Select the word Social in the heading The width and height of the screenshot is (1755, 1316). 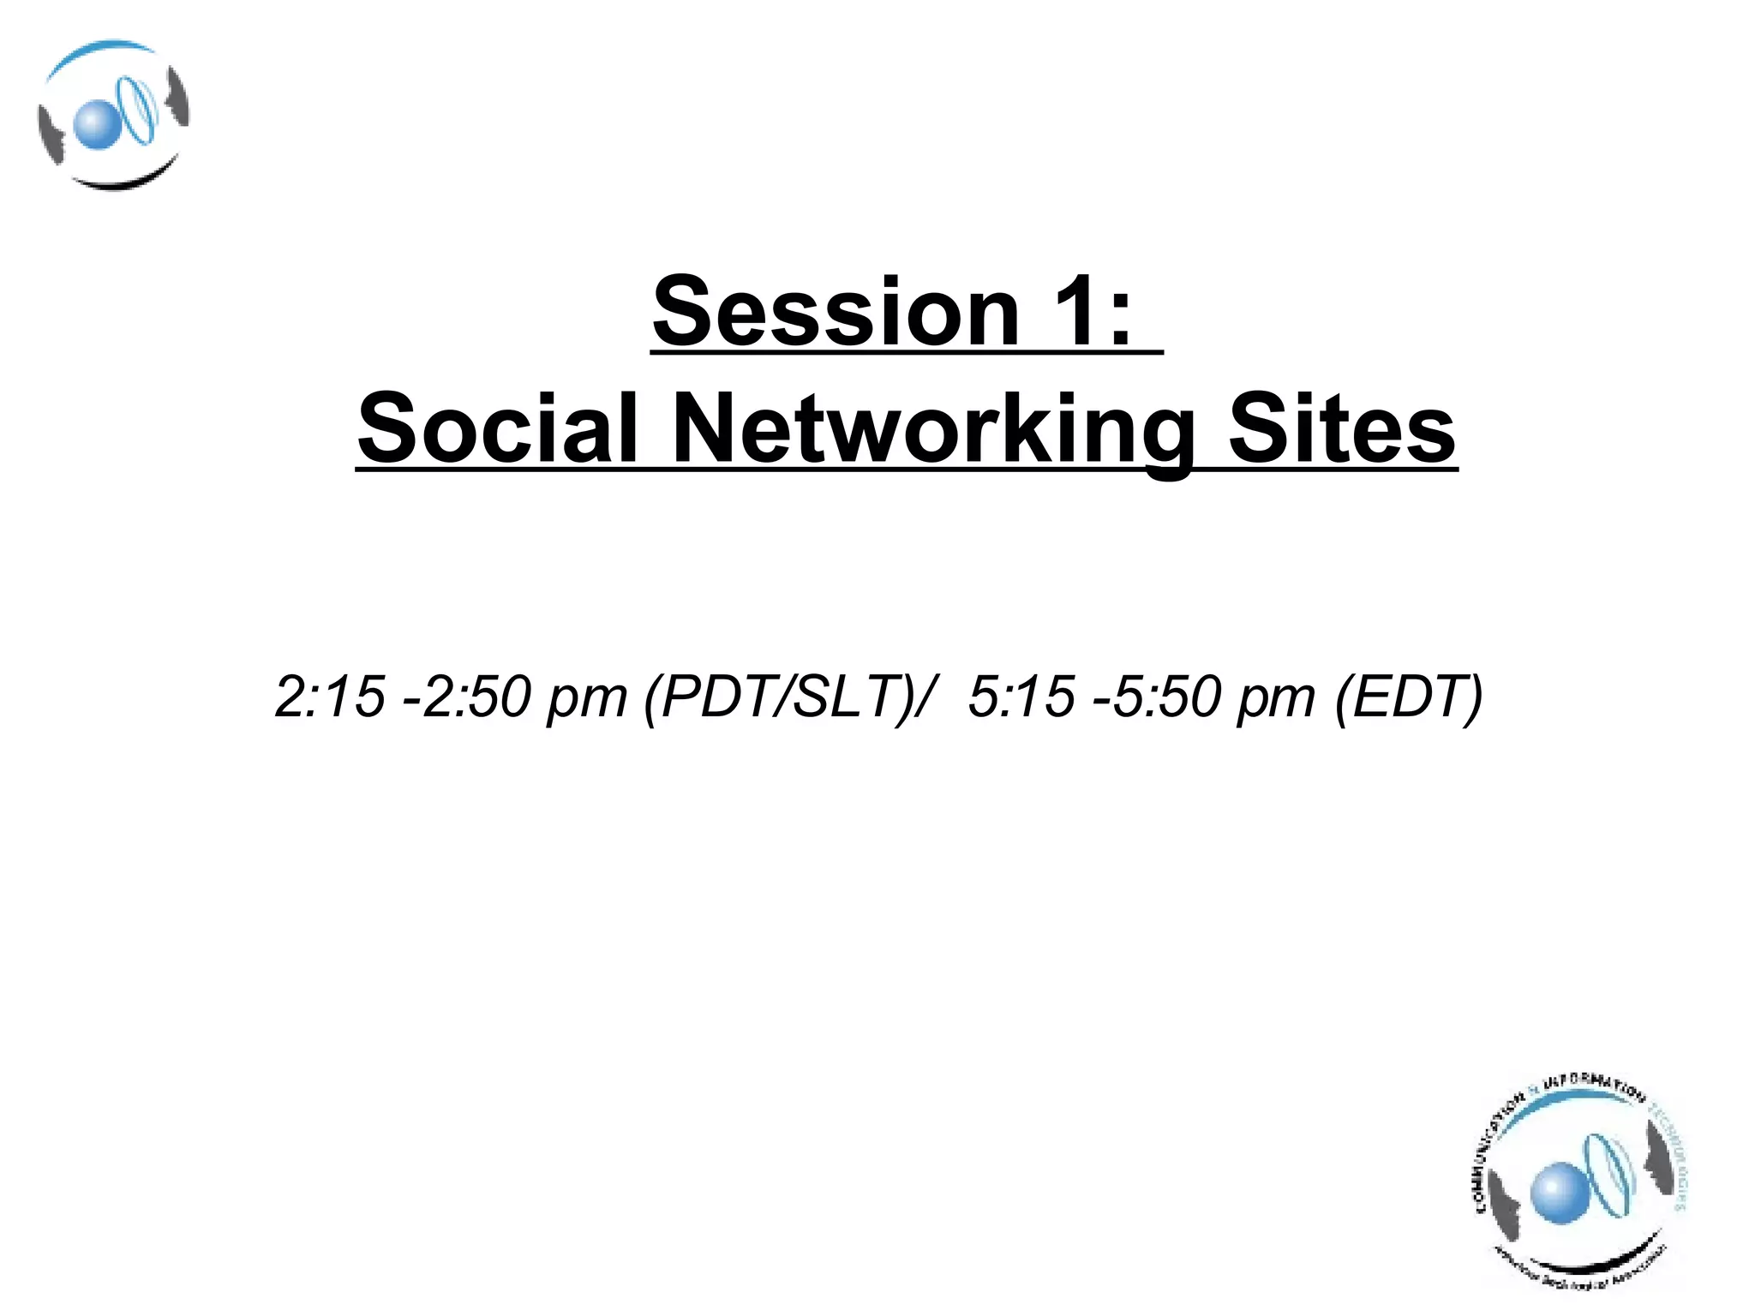click(x=498, y=428)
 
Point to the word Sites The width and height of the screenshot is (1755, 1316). click(x=1342, y=428)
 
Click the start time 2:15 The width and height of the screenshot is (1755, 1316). click(x=329, y=697)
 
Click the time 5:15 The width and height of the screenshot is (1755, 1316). click(x=1020, y=697)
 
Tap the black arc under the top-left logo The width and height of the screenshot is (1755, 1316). click(x=120, y=181)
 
